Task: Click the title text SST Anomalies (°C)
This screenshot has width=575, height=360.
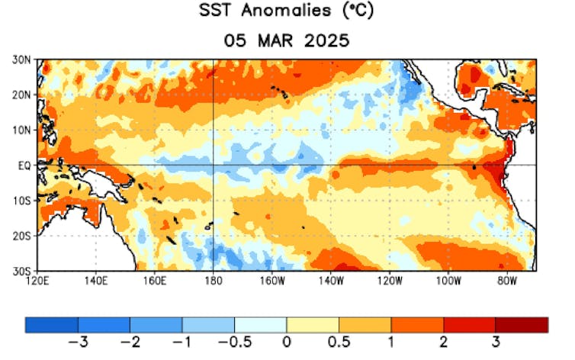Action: [286, 11]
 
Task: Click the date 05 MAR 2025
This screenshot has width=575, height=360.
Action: [286, 40]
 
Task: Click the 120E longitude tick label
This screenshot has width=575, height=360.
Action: [37, 281]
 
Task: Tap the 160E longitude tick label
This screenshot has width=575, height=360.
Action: [155, 281]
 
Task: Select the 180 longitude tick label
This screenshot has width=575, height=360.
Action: [214, 281]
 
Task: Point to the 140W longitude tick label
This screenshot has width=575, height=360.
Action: [331, 281]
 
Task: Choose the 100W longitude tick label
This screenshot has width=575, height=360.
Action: [448, 281]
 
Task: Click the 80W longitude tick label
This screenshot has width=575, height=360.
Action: [507, 281]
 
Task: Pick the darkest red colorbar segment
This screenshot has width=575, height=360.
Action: [522, 325]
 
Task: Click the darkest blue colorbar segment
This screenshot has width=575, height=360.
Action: [51, 325]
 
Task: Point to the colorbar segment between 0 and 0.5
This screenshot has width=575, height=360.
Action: [313, 325]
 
